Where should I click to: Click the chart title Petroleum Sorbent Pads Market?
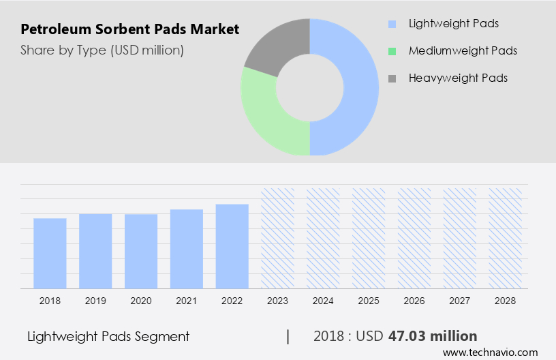click(x=129, y=29)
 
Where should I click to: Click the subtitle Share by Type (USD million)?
click(x=102, y=50)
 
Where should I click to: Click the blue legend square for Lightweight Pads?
click(x=392, y=24)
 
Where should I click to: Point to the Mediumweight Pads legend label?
click(x=463, y=50)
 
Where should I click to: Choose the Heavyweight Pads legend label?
click(x=458, y=78)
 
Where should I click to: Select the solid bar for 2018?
click(x=50, y=253)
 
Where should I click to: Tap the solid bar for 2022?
click(x=232, y=246)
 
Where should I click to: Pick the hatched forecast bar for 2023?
click(x=278, y=238)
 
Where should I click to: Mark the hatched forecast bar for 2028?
click(x=506, y=238)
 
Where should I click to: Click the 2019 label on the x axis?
click(x=95, y=301)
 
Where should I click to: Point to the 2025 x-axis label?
click(x=369, y=301)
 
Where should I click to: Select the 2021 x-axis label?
click(x=187, y=301)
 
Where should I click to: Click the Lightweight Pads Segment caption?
click(x=108, y=336)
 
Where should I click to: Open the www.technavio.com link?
click(x=490, y=352)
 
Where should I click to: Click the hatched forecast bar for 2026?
click(x=414, y=238)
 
